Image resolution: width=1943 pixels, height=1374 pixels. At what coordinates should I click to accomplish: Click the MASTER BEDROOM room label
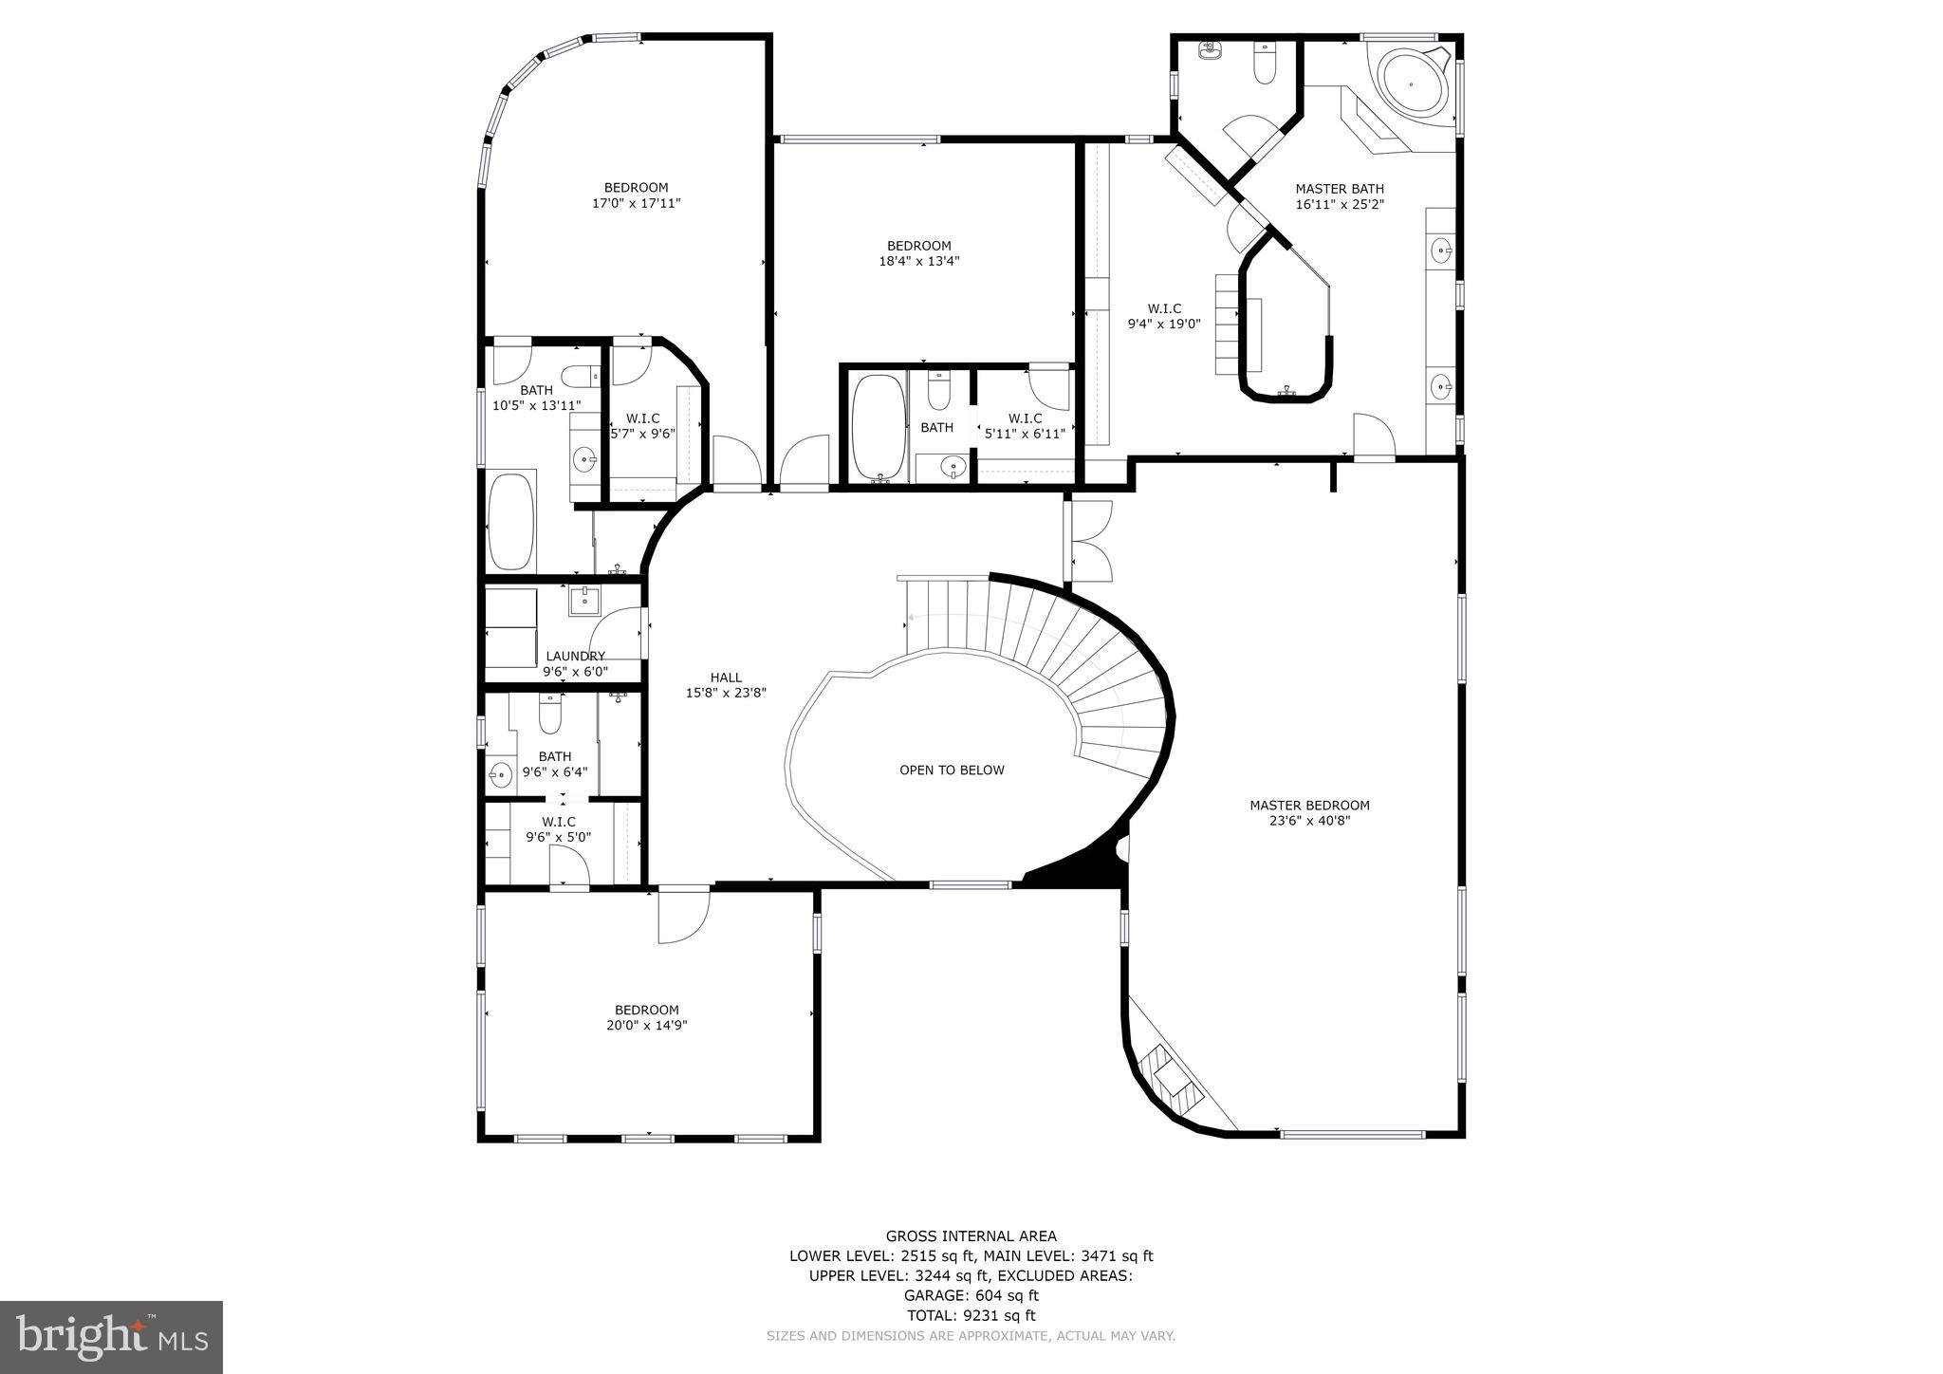(x=1309, y=806)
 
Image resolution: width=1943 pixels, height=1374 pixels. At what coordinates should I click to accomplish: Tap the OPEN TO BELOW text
(x=952, y=771)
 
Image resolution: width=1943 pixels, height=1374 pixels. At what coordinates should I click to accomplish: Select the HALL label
(x=726, y=678)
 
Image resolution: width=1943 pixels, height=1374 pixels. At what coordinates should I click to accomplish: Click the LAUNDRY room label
(x=575, y=657)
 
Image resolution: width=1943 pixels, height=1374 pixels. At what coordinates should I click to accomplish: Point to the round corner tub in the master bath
(x=1414, y=84)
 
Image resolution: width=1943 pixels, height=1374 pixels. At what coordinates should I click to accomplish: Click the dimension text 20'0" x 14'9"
(x=646, y=1026)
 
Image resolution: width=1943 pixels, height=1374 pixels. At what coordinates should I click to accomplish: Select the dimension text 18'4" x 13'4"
(x=918, y=261)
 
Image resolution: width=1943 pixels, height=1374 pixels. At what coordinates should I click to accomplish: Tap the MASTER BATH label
(x=1340, y=189)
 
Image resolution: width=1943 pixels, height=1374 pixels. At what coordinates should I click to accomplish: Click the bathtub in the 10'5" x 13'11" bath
(x=511, y=521)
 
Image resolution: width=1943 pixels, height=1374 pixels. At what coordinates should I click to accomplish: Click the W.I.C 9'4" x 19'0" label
(x=1164, y=316)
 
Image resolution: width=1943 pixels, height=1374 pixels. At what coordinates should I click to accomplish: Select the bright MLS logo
(x=111, y=1337)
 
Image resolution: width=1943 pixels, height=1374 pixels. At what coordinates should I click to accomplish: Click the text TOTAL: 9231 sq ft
(x=971, y=1315)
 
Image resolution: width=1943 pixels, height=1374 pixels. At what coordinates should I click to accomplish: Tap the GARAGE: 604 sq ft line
(x=971, y=1295)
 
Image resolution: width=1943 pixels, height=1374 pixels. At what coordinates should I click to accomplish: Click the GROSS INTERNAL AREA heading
(x=971, y=1236)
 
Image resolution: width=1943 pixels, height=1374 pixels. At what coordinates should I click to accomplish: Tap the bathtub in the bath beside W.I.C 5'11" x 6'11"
(x=878, y=427)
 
